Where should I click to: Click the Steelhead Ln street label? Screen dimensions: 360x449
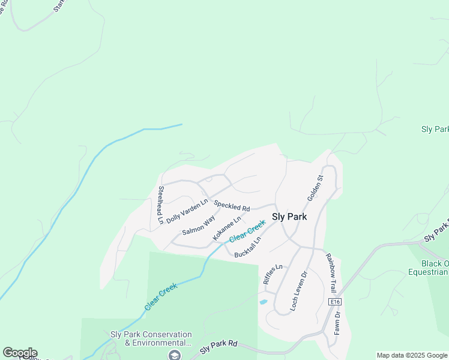tap(161, 205)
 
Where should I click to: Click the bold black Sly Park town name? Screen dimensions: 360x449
tap(289, 217)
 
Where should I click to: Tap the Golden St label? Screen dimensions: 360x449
tap(315, 188)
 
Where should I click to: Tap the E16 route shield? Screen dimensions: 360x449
tap(335, 301)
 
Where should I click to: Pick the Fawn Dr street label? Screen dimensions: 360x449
tap(337, 323)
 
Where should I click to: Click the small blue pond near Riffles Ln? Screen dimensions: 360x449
tap(263, 301)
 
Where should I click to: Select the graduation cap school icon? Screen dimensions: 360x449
tap(175, 355)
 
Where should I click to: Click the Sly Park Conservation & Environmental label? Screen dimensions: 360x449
tap(151, 338)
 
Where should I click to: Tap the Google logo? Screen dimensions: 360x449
tap(20, 353)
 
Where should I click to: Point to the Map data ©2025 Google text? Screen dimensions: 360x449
tap(412, 355)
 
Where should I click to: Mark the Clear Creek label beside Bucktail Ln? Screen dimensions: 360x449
tap(247, 232)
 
